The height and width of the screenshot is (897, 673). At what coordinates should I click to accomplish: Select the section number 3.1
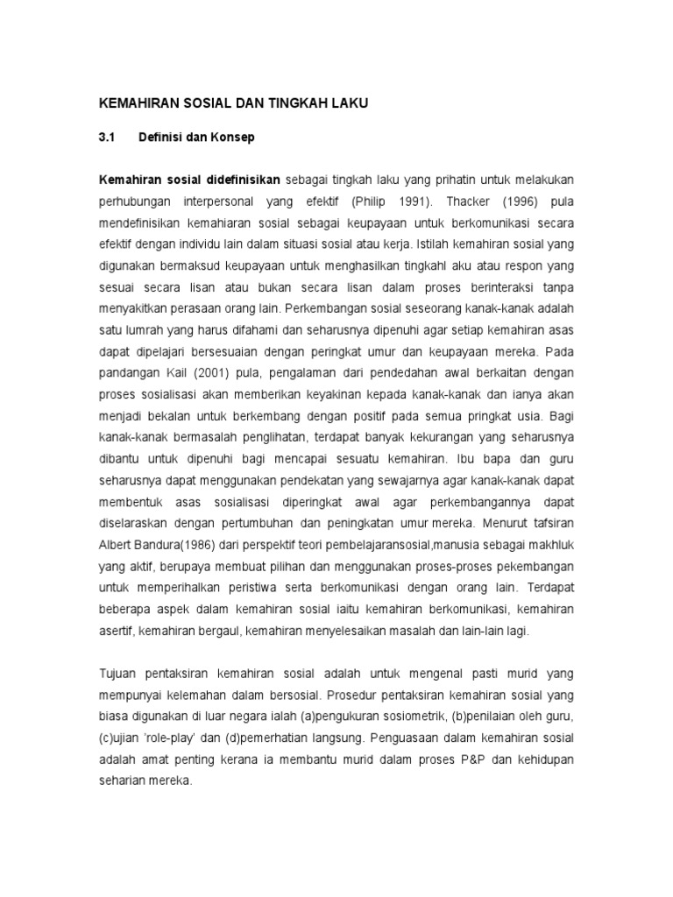click(107, 138)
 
